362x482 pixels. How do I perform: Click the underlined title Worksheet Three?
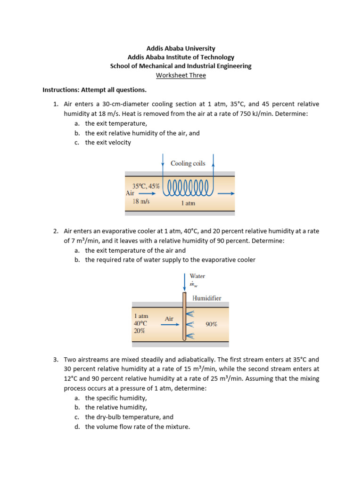coord(181,75)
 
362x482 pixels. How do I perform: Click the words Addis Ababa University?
coord(181,48)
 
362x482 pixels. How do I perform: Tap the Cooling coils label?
coord(188,163)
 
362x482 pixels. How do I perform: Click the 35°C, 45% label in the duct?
coord(146,186)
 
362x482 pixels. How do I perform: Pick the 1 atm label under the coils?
coord(188,203)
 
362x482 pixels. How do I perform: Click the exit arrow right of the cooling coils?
coord(226,193)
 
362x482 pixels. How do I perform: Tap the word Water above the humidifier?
coord(197,276)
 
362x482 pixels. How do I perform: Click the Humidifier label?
coord(206,298)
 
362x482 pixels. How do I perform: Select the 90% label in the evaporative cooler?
coord(211,324)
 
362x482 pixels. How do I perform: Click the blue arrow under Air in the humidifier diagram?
coord(170,325)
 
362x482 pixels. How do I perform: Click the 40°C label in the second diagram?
coord(140,323)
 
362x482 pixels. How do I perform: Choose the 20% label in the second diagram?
coord(140,331)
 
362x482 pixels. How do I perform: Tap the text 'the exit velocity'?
coord(108,143)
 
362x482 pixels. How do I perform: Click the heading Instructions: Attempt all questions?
coord(95,90)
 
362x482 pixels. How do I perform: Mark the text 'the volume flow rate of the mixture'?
coord(137,427)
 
